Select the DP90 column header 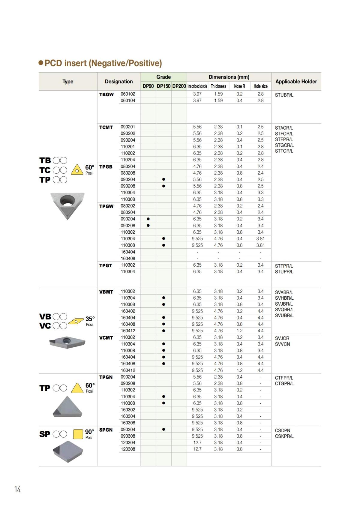[x=148, y=86]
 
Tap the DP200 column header [x=179, y=86]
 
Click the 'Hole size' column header [x=260, y=86]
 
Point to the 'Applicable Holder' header [x=296, y=82]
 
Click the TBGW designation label [x=106, y=94]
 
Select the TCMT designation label [x=106, y=127]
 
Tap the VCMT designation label [x=106, y=338]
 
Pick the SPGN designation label [x=106, y=430]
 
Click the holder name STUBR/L [x=284, y=95]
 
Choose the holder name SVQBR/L [x=284, y=310]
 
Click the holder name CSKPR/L [x=284, y=436]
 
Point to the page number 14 [x=18, y=489]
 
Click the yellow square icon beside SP [x=78, y=434]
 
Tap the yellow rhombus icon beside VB [x=76, y=321]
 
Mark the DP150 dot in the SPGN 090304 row [x=163, y=429]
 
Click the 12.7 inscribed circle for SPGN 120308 [x=197, y=449]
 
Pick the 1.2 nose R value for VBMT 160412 [x=239, y=331]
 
